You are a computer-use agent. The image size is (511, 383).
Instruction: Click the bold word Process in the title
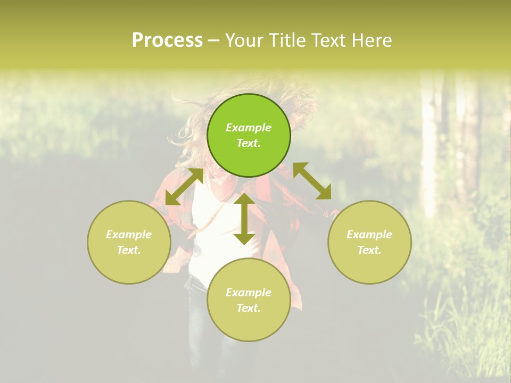[x=167, y=40]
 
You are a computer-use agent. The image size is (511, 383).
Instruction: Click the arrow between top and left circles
[x=184, y=187]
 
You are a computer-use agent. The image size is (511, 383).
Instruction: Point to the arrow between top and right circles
[x=312, y=181]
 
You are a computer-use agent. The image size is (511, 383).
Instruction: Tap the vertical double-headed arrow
[x=244, y=218]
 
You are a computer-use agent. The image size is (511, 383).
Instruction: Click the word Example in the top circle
[x=249, y=128]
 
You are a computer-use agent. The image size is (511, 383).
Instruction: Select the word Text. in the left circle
[x=129, y=250]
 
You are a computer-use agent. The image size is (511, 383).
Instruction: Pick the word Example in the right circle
[x=369, y=235]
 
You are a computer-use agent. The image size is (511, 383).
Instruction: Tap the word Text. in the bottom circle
[x=249, y=308]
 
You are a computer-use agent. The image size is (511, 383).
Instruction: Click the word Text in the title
[x=326, y=40]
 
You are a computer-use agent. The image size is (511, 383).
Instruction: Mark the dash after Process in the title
[x=213, y=40]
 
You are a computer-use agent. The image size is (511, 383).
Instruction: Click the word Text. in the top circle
[x=249, y=143]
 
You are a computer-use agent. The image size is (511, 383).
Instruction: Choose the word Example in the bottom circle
[x=249, y=293]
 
